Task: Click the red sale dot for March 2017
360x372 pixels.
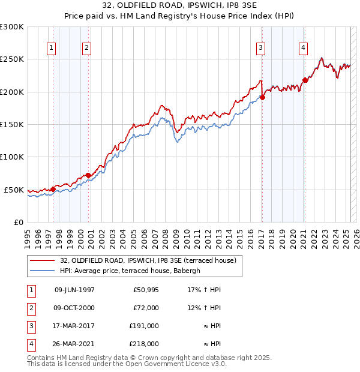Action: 262,98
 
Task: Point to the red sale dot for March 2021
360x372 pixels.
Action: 305,80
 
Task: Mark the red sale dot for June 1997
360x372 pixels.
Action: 53,189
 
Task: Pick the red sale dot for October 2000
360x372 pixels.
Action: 88,175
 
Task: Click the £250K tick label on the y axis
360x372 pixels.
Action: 12,59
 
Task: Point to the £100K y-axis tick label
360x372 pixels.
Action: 12,157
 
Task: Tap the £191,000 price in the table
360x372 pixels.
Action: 145,326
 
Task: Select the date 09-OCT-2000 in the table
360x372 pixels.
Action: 74,308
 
